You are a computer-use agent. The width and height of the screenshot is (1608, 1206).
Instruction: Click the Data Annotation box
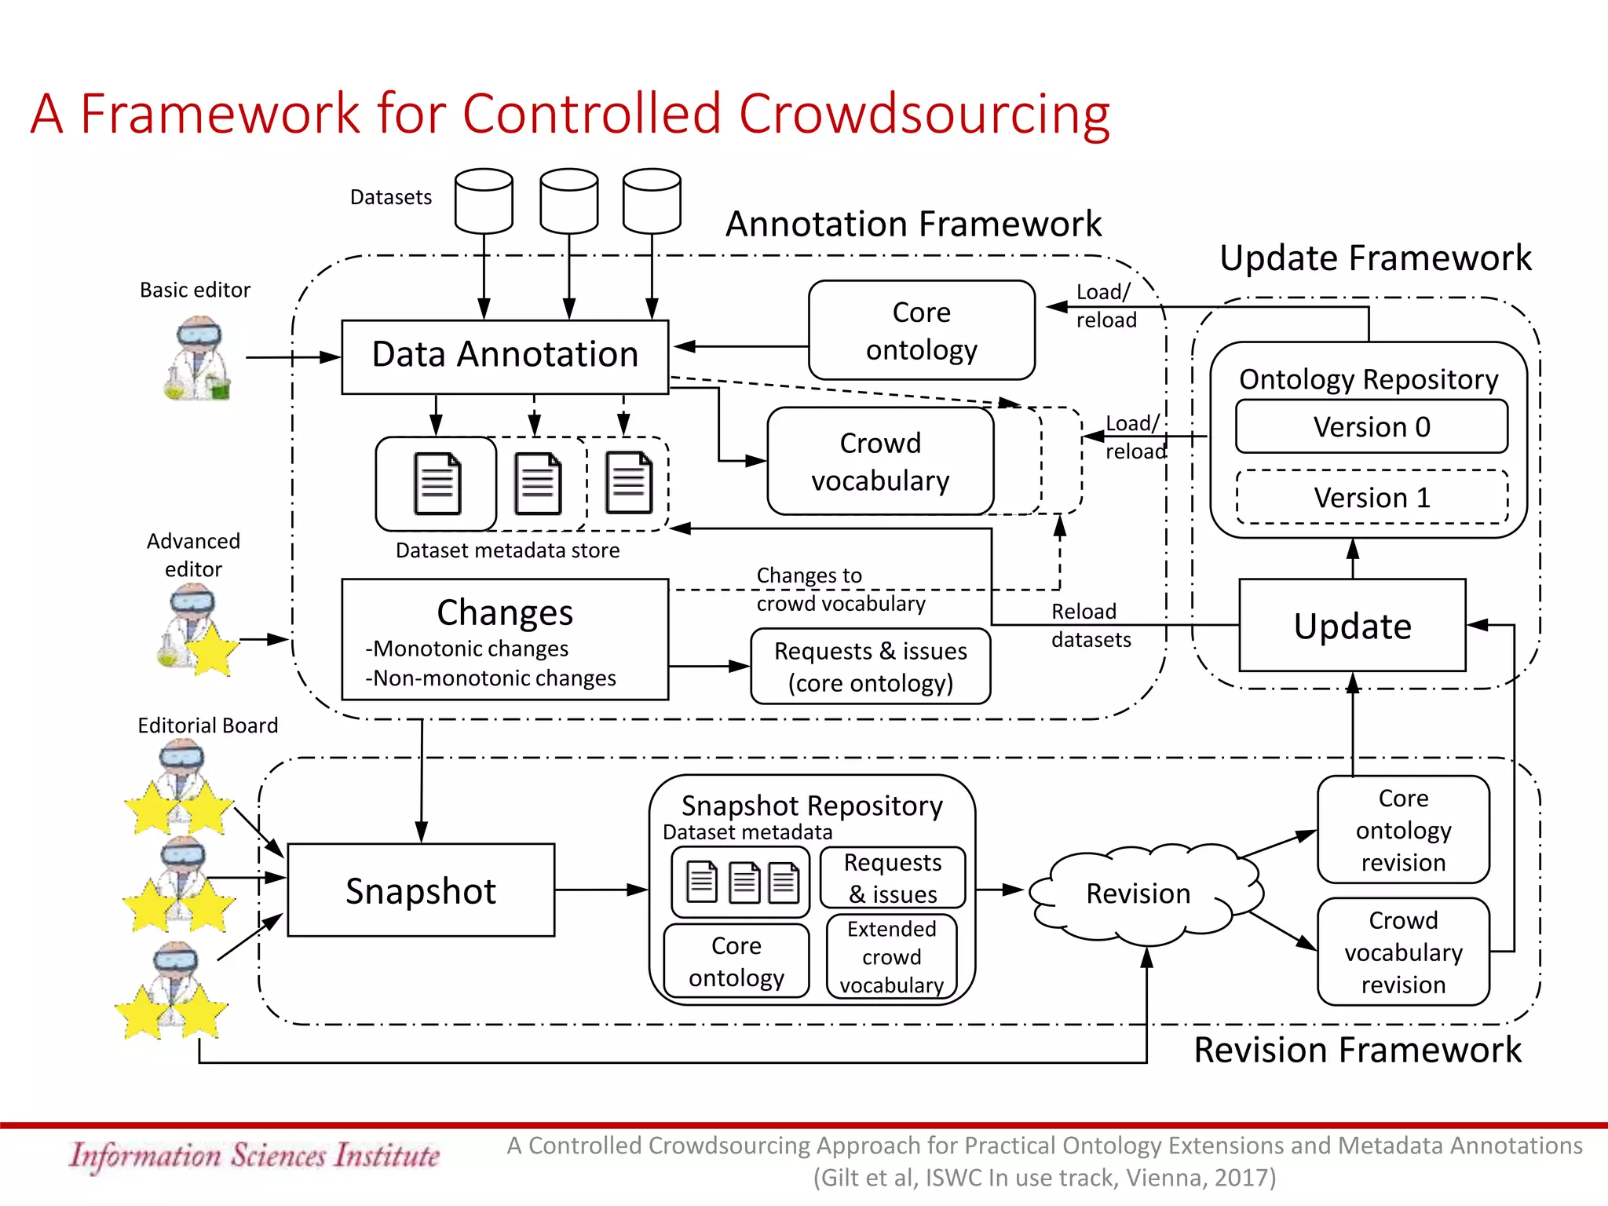point(505,356)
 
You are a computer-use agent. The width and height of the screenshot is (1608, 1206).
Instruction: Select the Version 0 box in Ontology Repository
point(1371,427)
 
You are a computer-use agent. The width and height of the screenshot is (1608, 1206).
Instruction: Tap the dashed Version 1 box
point(1371,498)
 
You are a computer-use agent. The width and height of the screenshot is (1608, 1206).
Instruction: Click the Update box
point(1352,626)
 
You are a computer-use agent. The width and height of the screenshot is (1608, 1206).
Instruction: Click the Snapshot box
point(421,890)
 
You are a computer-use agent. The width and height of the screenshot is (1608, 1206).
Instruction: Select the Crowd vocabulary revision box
point(1403,952)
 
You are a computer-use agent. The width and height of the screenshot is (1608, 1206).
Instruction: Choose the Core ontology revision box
point(1403,830)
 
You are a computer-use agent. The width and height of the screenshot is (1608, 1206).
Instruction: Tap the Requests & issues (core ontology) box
point(870,667)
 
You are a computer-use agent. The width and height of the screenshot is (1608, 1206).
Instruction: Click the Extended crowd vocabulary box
point(891,956)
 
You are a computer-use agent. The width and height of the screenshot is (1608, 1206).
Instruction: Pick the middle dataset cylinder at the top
point(569,201)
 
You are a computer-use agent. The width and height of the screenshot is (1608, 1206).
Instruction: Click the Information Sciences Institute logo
point(254,1156)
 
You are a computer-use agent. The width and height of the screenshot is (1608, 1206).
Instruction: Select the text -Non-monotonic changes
point(491,678)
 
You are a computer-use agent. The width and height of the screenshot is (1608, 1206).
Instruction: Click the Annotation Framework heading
point(913,225)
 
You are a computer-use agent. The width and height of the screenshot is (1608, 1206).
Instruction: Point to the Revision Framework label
point(1358,1051)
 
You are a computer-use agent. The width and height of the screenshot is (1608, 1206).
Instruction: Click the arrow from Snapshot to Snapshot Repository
point(601,890)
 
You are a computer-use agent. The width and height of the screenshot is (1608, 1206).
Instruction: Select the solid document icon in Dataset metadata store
point(437,484)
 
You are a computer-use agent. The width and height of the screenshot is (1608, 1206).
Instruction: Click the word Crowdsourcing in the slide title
point(924,114)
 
